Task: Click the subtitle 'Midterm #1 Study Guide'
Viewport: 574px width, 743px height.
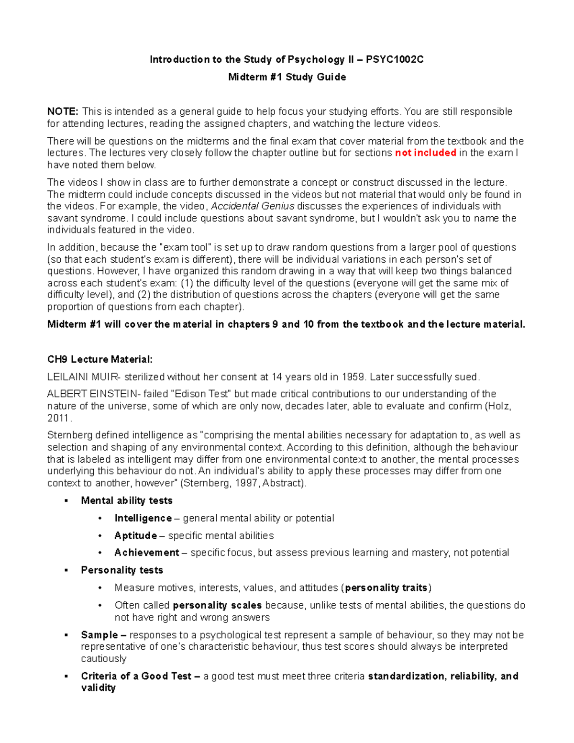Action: pos(287,77)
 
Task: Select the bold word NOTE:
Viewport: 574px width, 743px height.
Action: pos(63,111)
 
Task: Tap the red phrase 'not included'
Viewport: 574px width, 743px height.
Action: pos(425,153)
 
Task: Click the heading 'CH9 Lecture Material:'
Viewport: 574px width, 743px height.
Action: pos(100,359)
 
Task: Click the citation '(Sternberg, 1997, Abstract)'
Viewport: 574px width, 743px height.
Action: pos(243,483)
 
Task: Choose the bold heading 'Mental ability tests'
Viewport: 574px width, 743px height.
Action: pos(127,500)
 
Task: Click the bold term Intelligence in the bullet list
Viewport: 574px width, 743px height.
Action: pos(143,518)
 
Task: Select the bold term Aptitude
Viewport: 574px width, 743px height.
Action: pos(136,535)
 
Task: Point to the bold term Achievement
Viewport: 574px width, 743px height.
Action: pos(147,553)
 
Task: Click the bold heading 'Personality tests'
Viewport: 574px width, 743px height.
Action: pos(122,570)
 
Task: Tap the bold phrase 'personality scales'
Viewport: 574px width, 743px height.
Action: pos(217,605)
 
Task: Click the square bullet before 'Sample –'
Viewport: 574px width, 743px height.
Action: pos(66,635)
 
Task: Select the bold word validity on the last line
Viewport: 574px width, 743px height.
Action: pos(98,688)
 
